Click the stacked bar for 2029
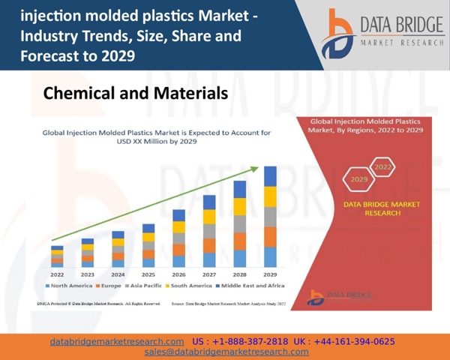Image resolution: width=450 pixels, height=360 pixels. pyautogui.click(x=271, y=217)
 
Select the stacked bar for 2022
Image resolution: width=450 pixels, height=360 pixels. pyautogui.click(x=57, y=256)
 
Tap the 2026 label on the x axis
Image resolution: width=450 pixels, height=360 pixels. pyautogui.click(x=178, y=274)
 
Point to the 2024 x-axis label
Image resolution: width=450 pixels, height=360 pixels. pyautogui.click(x=118, y=274)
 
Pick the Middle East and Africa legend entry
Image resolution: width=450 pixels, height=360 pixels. pyautogui.click(x=250, y=286)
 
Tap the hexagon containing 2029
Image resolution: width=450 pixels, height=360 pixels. pyautogui.click(x=359, y=180)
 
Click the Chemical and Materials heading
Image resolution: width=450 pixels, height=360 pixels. pyautogui.click(x=135, y=94)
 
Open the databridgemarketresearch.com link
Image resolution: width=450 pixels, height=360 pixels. pyautogui.click(x=117, y=341)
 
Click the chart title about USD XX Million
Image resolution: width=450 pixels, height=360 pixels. pyautogui.click(x=156, y=136)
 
